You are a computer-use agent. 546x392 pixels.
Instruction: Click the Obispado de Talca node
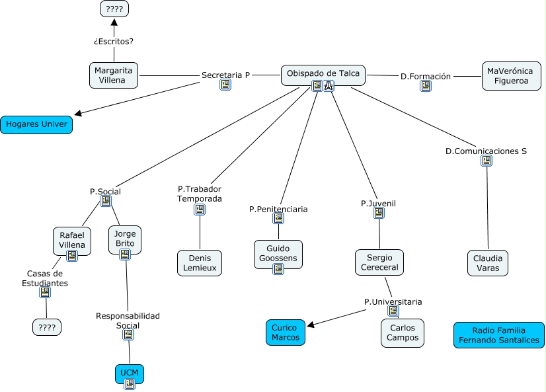click(x=323, y=73)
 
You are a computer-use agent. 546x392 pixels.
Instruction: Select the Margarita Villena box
click(x=114, y=75)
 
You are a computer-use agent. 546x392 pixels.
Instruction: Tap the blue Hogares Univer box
click(x=36, y=124)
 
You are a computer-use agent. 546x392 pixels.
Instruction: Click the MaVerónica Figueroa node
click(x=512, y=75)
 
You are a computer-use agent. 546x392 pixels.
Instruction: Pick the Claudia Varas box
click(x=488, y=263)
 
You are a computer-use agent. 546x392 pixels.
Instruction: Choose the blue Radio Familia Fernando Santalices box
click(x=499, y=335)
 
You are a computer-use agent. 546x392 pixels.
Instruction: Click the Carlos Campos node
click(x=403, y=333)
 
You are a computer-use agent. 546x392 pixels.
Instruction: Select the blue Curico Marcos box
click(x=286, y=333)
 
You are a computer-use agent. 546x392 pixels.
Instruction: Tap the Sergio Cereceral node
click(x=379, y=262)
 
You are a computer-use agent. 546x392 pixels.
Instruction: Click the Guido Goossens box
click(x=278, y=254)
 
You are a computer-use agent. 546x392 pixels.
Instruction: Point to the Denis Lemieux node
click(x=200, y=262)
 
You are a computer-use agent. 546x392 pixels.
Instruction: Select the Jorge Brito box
click(x=124, y=239)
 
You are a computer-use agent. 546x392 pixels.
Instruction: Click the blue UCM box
click(x=130, y=374)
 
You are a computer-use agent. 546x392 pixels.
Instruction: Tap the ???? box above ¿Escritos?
click(x=114, y=9)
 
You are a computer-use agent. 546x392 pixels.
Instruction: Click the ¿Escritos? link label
click(x=114, y=41)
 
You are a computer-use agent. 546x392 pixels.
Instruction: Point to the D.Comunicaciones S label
click(x=486, y=151)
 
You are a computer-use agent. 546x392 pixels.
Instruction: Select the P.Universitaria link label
click(x=393, y=301)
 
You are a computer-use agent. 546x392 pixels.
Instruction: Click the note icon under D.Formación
click(x=426, y=86)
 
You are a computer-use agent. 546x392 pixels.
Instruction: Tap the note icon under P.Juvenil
click(x=379, y=213)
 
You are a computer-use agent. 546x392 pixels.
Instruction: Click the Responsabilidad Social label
click(x=128, y=321)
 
